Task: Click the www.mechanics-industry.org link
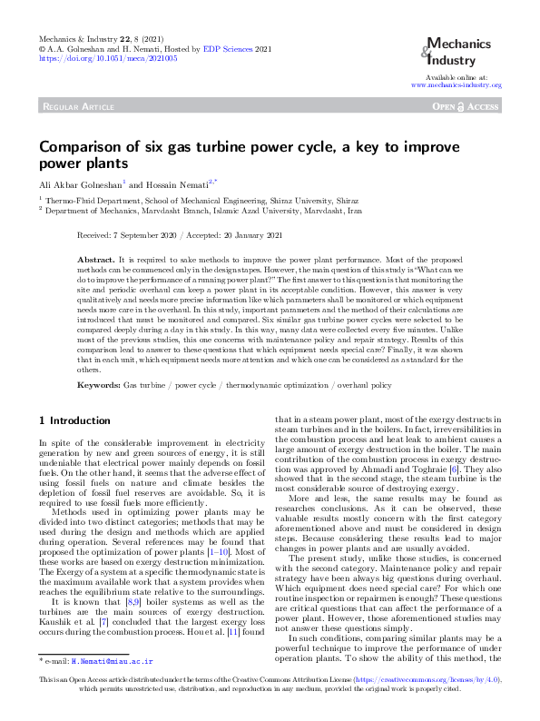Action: tap(457, 84)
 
